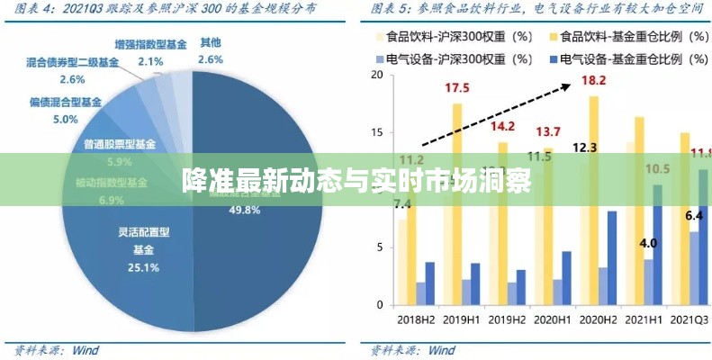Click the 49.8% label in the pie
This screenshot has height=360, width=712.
246,210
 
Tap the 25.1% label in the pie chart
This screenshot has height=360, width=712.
144,267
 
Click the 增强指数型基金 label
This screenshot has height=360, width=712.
151,44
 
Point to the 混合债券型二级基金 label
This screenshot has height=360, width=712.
72,63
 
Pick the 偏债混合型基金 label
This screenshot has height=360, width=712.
66,103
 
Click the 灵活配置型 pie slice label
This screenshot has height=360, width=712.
144,232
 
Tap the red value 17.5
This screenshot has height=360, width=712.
456,88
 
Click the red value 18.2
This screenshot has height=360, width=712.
594,80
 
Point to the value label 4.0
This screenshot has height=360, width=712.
648,243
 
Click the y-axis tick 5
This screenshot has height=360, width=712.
381,249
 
